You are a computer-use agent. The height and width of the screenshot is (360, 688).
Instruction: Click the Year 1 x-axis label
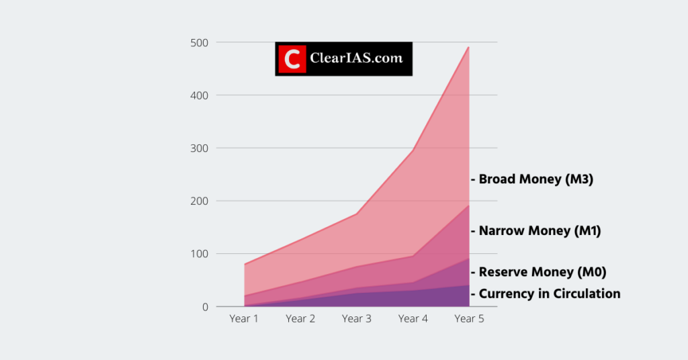pyautogui.click(x=244, y=318)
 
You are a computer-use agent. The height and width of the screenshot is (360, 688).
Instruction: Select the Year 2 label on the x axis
pyautogui.click(x=300, y=318)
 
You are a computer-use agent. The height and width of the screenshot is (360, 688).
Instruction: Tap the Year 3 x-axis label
pyautogui.click(x=356, y=318)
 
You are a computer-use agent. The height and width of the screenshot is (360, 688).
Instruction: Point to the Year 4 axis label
pyautogui.click(x=413, y=318)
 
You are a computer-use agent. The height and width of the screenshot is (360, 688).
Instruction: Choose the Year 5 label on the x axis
pyautogui.click(x=468, y=318)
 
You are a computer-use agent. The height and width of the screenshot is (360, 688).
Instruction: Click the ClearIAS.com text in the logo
pyautogui.click(x=356, y=58)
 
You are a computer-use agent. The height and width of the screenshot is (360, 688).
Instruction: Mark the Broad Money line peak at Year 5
pyautogui.click(x=468, y=48)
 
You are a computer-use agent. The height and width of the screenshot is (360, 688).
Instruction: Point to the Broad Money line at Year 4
pyautogui.click(x=413, y=150)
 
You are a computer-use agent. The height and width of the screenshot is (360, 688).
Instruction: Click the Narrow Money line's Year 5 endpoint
pyautogui.click(x=468, y=206)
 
